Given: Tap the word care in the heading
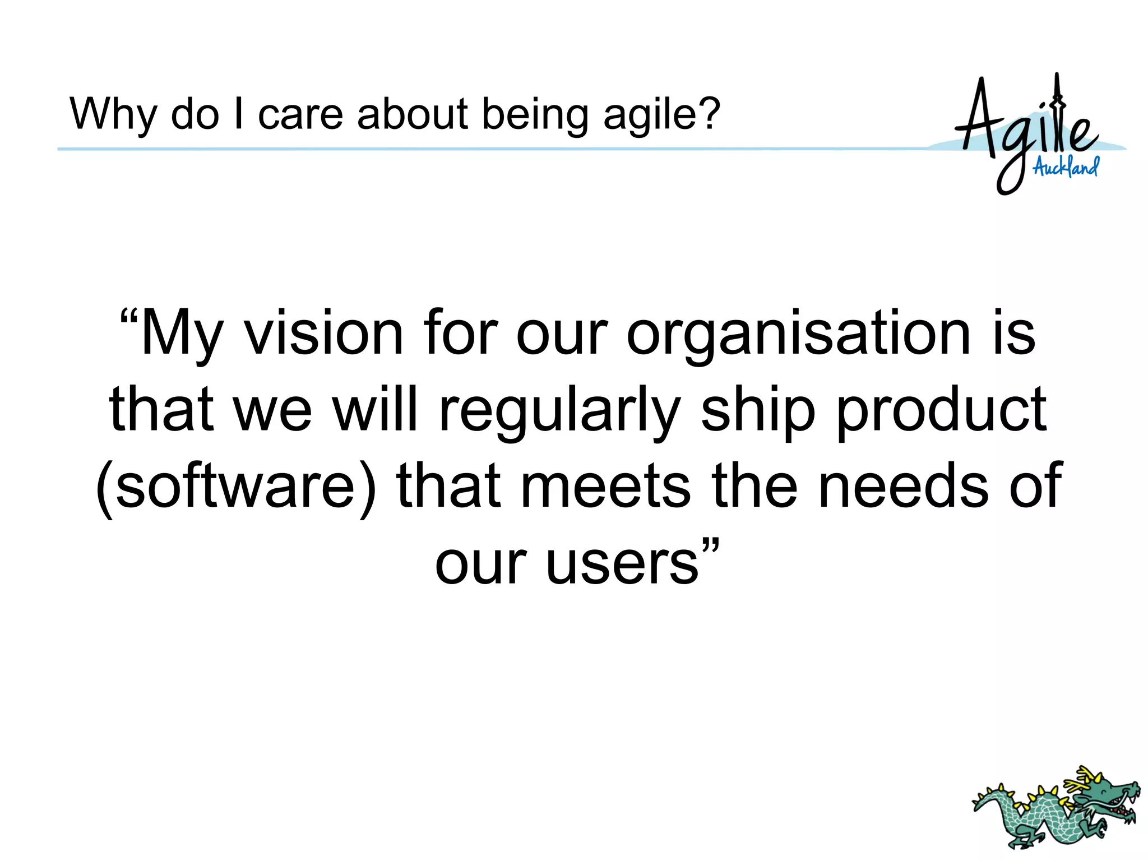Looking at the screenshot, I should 300,115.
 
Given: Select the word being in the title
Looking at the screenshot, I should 535,115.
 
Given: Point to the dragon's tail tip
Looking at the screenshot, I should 978,807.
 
